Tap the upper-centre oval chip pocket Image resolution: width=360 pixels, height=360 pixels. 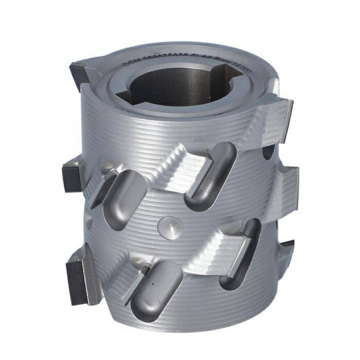coord(209,180)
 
